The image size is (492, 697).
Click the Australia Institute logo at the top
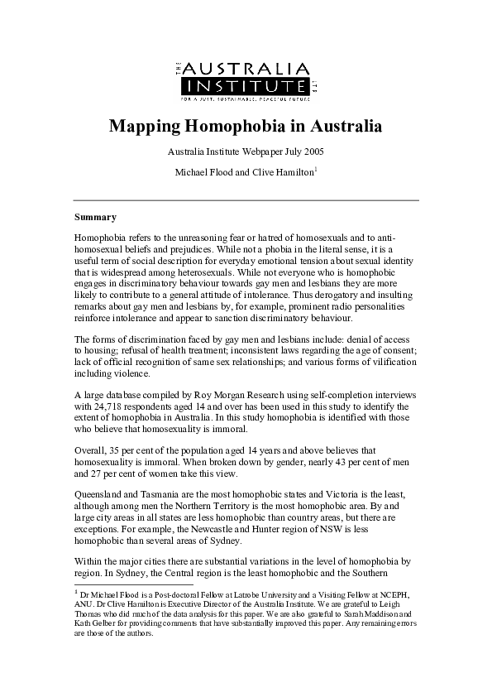(x=246, y=80)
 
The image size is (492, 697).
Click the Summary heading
(x=95, y=217)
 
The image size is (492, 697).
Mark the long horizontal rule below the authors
(x=246, y=200)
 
